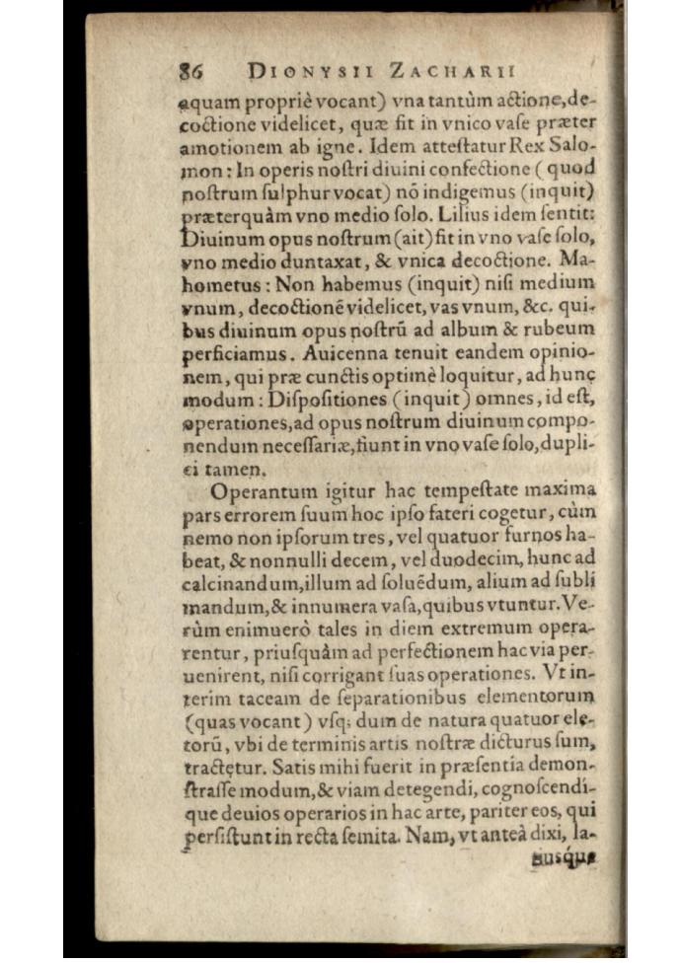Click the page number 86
click(x=190, y=71)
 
